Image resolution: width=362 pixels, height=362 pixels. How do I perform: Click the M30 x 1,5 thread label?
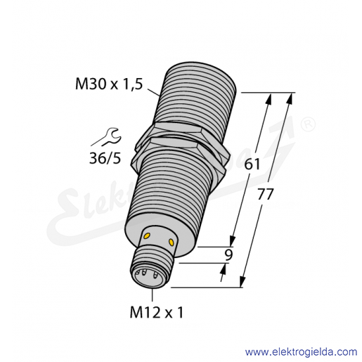click(109, 84)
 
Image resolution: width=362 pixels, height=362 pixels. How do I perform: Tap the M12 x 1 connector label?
click(157, 312)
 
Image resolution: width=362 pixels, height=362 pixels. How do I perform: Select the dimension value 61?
click(252, 164)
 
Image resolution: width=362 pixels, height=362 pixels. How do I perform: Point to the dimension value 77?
click(266, 194)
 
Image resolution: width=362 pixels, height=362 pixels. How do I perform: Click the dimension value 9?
click(228, 255)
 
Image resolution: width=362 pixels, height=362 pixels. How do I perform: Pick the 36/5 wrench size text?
click(105, 158)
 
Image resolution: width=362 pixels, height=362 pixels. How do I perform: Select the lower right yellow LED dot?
click(172, 243)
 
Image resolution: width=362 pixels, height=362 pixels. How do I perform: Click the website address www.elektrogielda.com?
click(301, 352)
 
